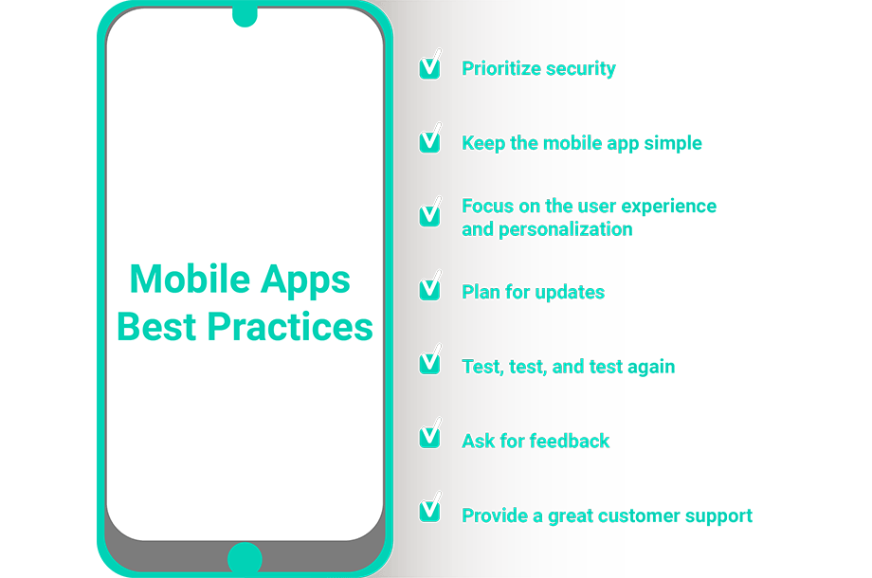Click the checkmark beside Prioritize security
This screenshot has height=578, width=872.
pos(430,65)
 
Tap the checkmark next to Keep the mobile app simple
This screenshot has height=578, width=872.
pos(430,139)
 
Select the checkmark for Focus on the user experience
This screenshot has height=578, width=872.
pos(430,213)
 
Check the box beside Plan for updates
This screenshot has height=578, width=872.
pos(430,287)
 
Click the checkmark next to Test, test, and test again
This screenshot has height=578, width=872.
pos(430,361)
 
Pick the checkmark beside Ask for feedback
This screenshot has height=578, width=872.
pos(430,435)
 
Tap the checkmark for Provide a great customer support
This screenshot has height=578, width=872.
pos(430,509)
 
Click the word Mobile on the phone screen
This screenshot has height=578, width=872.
pos(191,279)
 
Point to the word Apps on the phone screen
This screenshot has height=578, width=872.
pos(305,280)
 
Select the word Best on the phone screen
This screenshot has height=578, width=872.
pos(156,326)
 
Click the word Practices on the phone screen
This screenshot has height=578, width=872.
pos(290,326)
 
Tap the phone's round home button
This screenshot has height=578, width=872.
pos(245,558)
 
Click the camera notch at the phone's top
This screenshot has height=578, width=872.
pos(245,15)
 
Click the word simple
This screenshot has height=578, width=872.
pos(673,143)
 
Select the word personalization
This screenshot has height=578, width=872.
pos(566,229)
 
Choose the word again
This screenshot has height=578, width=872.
pos(651,368)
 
